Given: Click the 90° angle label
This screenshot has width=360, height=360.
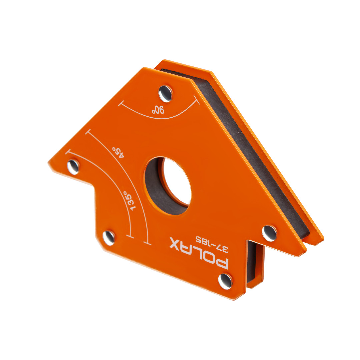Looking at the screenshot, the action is pos(158,110).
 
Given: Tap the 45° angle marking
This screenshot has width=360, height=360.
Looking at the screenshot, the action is pos(118,152).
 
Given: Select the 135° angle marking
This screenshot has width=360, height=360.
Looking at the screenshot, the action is pos(129,201).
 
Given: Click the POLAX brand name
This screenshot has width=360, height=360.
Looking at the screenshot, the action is pos(199,253).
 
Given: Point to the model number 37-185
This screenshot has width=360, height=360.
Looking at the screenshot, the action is pos(212,244).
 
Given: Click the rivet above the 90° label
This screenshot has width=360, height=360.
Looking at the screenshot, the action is pos(165,94).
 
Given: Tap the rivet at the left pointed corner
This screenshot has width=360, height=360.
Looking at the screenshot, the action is pos(73,167).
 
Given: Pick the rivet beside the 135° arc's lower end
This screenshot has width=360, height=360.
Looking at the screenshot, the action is pos(109,238).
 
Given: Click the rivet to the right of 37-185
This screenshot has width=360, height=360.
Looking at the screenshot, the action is pos(269,233).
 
